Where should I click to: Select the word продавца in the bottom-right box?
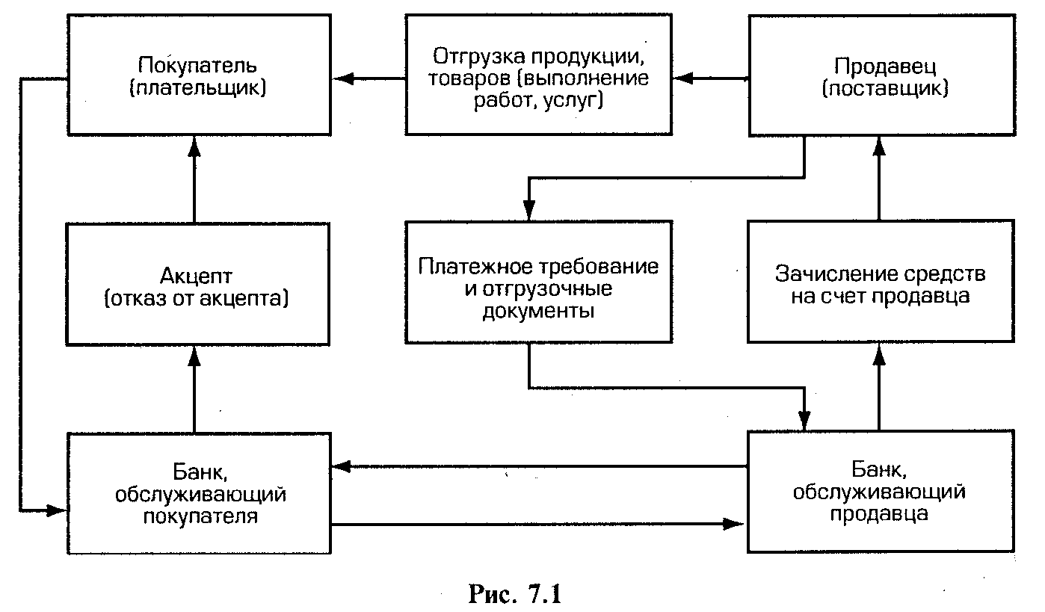tap(881, 514)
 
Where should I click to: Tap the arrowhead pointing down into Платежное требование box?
tap(528, 211)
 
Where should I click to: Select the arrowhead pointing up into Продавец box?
tap(879, 146)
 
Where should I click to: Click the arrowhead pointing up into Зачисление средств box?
tap(879, 354)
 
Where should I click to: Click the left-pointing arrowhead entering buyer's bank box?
tap(340, 466)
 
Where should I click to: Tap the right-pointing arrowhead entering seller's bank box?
tap(739, 525)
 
